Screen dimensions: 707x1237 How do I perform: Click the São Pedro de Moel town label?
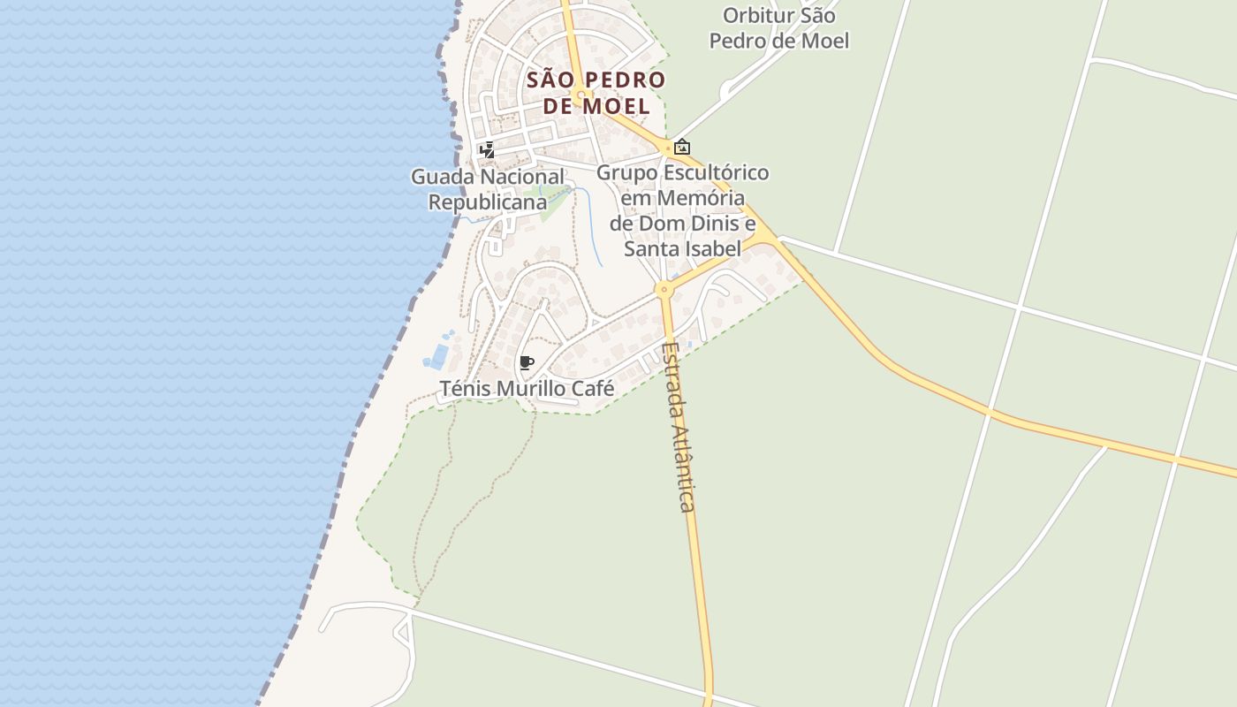coord(596,93)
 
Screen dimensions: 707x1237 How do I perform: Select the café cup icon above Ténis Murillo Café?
coord(527,362)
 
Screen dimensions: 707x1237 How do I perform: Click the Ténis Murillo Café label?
coord(527,389)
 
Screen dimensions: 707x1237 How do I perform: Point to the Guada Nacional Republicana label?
coord(488,189)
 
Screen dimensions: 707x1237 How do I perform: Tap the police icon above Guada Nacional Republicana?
coord(487,150)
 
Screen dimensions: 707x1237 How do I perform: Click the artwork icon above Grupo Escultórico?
coord(681,148)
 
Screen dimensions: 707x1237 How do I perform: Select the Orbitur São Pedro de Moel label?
coord(778,28)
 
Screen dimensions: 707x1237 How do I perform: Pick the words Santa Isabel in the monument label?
coord(682,248)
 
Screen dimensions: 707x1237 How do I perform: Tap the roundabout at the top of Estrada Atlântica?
coord(664,289)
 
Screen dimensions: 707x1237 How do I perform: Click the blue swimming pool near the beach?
coord(437,355)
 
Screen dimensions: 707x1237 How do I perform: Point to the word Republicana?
coord(488,202)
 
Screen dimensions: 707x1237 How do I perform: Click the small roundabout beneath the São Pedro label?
coord(581,95)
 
